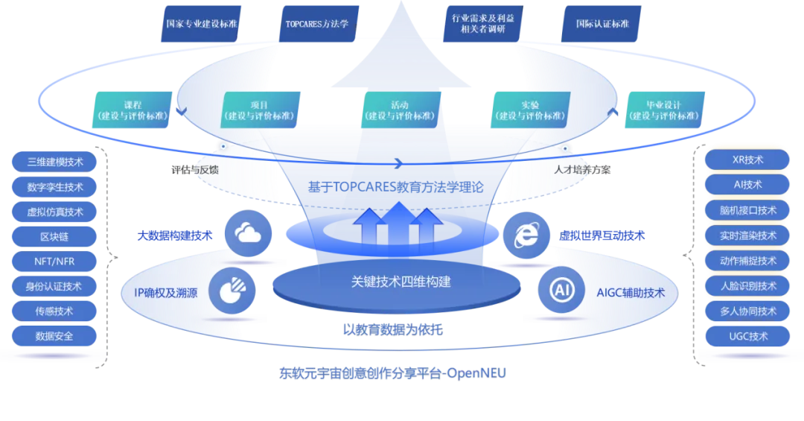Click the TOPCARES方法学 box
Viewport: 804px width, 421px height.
point(317,24)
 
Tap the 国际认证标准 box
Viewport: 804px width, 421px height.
point(602,24)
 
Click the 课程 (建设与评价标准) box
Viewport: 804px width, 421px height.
point(133,110)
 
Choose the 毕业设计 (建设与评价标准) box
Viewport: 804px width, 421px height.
point(664,110)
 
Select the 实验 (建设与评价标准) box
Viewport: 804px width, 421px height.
point(531,110)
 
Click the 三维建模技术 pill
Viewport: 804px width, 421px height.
point(55,162)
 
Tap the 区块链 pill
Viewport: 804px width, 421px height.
point(55,236)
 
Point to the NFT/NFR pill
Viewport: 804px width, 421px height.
point(55,262)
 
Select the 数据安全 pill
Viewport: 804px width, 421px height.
point(55,336)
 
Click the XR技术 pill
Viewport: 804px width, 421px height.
point(748,159)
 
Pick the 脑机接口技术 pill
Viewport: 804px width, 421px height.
point(748,210)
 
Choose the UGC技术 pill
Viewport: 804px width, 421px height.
point(748,336)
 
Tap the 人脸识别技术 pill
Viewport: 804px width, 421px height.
point(748,285)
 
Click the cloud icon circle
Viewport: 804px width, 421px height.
point(247,234)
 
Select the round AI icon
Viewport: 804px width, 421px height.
point(561,291)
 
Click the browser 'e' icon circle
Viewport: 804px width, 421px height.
point(526,235)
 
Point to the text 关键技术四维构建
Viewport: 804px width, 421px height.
point(401,282)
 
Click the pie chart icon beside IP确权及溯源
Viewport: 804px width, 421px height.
point(232,291)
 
